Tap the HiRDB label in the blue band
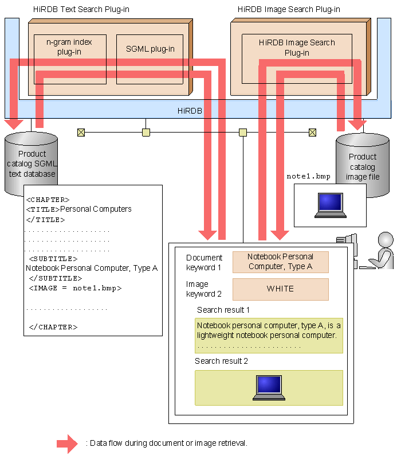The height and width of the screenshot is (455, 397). [190, 111]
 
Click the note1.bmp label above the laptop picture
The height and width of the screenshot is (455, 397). [308, 176]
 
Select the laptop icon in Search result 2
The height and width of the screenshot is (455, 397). [269, 388]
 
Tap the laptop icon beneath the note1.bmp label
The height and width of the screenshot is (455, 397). [331, 205]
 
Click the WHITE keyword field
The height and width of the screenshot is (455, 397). [281, 289]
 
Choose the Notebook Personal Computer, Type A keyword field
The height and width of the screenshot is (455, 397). [281, 262]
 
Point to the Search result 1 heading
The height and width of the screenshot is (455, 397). [223, 310]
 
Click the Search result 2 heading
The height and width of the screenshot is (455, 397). [221, 361]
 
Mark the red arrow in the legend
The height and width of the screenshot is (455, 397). [67, 444]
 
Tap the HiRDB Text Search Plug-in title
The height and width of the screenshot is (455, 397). [81, 9]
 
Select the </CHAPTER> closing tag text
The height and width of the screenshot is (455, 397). [53, 327]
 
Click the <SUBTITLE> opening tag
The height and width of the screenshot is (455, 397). [53, 259]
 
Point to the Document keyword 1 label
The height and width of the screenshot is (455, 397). [204, 262]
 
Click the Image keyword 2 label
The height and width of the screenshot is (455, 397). [203, 289]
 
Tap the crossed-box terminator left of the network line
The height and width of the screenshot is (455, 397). [81, 133]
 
